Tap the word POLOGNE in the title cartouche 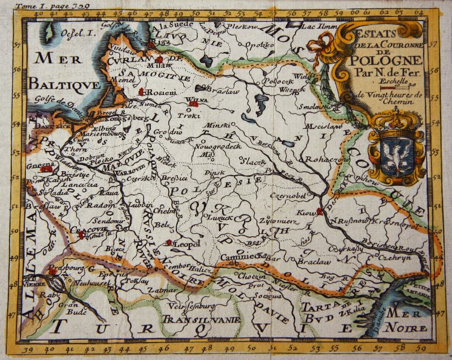click(x=386, y=60)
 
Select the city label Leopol click(x=186, y=244)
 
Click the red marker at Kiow click(x=319, y=211)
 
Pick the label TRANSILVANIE click(x=201, y=319)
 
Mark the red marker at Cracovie click(x=81, y=234)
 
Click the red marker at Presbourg click(x=52, y=271)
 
